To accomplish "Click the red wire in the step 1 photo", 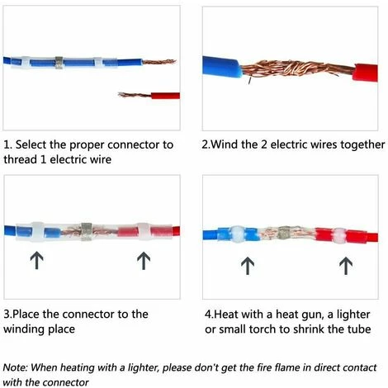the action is (165, 96).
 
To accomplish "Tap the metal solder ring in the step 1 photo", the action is (59, 63).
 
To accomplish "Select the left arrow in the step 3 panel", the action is (36, 260).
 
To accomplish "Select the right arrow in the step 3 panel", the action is (144, 260).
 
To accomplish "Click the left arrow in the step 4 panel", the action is (248, 266).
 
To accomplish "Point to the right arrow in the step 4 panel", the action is (346, 266).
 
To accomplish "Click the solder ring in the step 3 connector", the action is (86, 231).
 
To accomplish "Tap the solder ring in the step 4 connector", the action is (284, 233).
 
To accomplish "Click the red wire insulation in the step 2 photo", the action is (366, 73).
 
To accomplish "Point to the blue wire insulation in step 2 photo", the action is (221, 67).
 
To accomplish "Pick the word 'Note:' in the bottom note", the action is (15, 367).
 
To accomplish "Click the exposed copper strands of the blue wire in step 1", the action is (159, 62).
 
